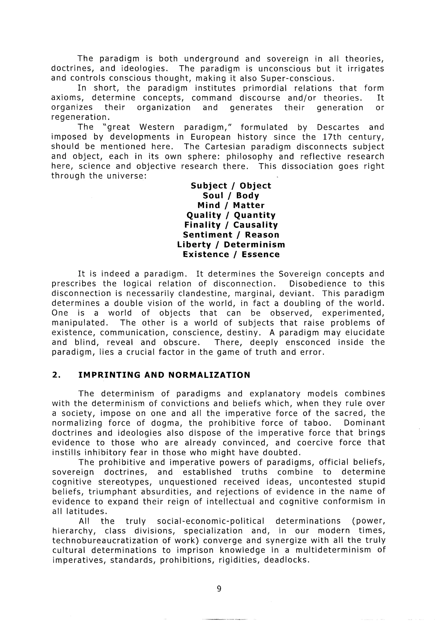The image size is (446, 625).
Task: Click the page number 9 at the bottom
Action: [219, 588]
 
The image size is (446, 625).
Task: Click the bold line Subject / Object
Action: [231, 186]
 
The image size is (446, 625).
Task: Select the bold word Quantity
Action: [255, 215]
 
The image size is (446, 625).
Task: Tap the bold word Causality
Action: [255, 225]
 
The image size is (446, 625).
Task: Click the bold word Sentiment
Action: [208, 235]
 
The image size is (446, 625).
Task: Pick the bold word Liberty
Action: [194, 245]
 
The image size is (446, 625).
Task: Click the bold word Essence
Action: [260, 254]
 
